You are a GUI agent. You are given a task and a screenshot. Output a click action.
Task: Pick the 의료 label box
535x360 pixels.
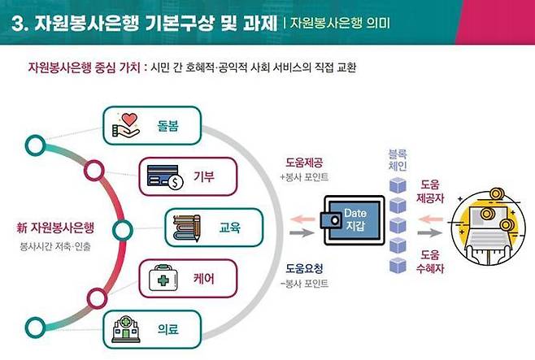154,330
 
